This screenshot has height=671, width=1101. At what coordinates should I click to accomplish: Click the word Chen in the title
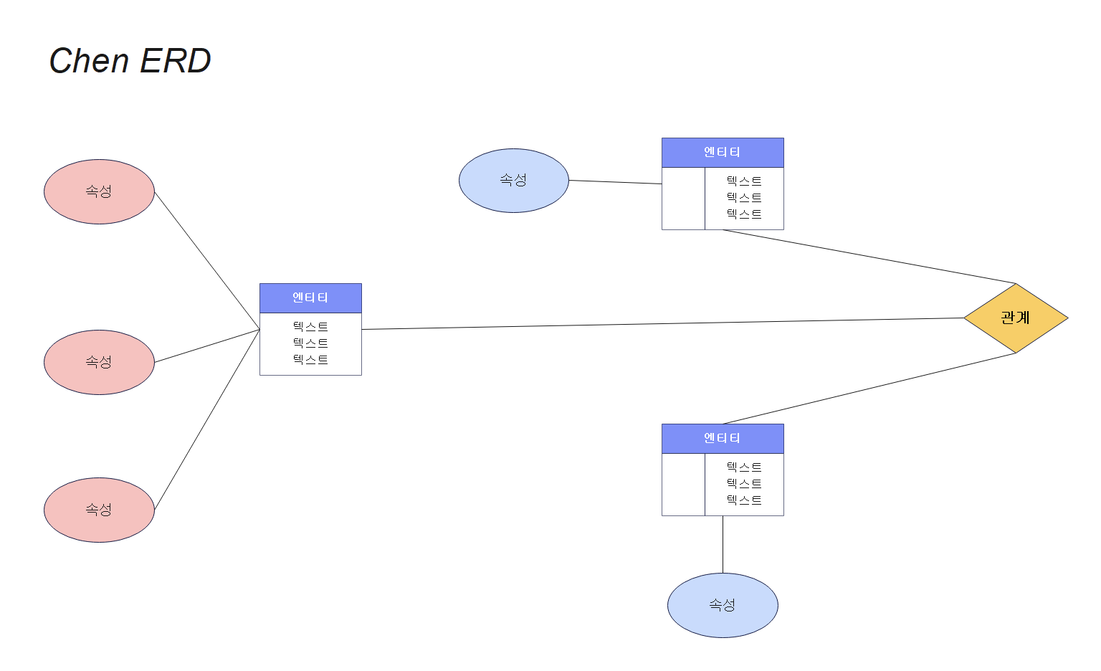coord(89,61)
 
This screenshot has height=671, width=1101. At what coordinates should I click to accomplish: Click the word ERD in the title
coord(175,61)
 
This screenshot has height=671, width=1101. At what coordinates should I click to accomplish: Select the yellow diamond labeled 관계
coord(1016,318)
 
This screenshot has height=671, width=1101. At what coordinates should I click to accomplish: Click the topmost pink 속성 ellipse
coord(99,191)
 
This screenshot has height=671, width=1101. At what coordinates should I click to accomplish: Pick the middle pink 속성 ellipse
coord(99,362)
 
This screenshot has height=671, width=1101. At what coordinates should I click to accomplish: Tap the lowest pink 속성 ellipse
coord(99,510)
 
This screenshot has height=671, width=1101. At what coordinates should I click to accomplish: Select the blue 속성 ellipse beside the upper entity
coord(513,181)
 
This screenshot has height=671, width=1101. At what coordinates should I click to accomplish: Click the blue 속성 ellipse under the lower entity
coord(723,605)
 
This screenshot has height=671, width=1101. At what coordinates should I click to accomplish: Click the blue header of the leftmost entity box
coord(310,298)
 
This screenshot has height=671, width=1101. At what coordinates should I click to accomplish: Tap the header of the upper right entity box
coord(723,152)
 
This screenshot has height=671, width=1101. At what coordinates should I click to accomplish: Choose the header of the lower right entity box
coord(723,438)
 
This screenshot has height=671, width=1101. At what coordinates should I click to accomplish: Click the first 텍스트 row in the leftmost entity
coord(310,327)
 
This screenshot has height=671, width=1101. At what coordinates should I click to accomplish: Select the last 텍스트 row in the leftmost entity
coord(310,360)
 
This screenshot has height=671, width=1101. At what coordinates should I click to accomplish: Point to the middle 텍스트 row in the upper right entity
coord(744,198)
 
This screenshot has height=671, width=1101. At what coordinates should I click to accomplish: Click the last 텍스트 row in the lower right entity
coord(744,500)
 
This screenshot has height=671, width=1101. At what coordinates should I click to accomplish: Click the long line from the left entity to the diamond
coord(645,324)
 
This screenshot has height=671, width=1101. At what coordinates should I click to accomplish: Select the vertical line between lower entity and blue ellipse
coord(723,545)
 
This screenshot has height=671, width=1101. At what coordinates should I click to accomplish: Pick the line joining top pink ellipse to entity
coord(207,260)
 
